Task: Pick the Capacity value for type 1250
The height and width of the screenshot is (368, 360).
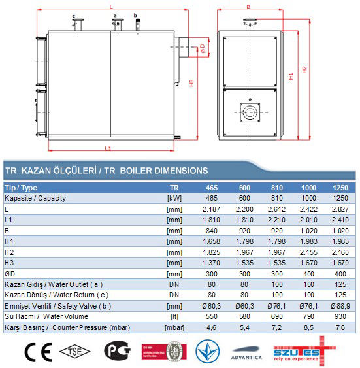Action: (x=339, y=197)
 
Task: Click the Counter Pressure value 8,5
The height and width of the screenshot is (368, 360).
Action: (x=307, y=327)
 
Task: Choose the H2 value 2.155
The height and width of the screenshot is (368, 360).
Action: (x=307, y=252)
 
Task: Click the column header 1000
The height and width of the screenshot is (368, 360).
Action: (x=307, y=187)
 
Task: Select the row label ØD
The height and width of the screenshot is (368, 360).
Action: (x=10, y=273)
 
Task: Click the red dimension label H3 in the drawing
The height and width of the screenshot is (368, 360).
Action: (x=191, y=82)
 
